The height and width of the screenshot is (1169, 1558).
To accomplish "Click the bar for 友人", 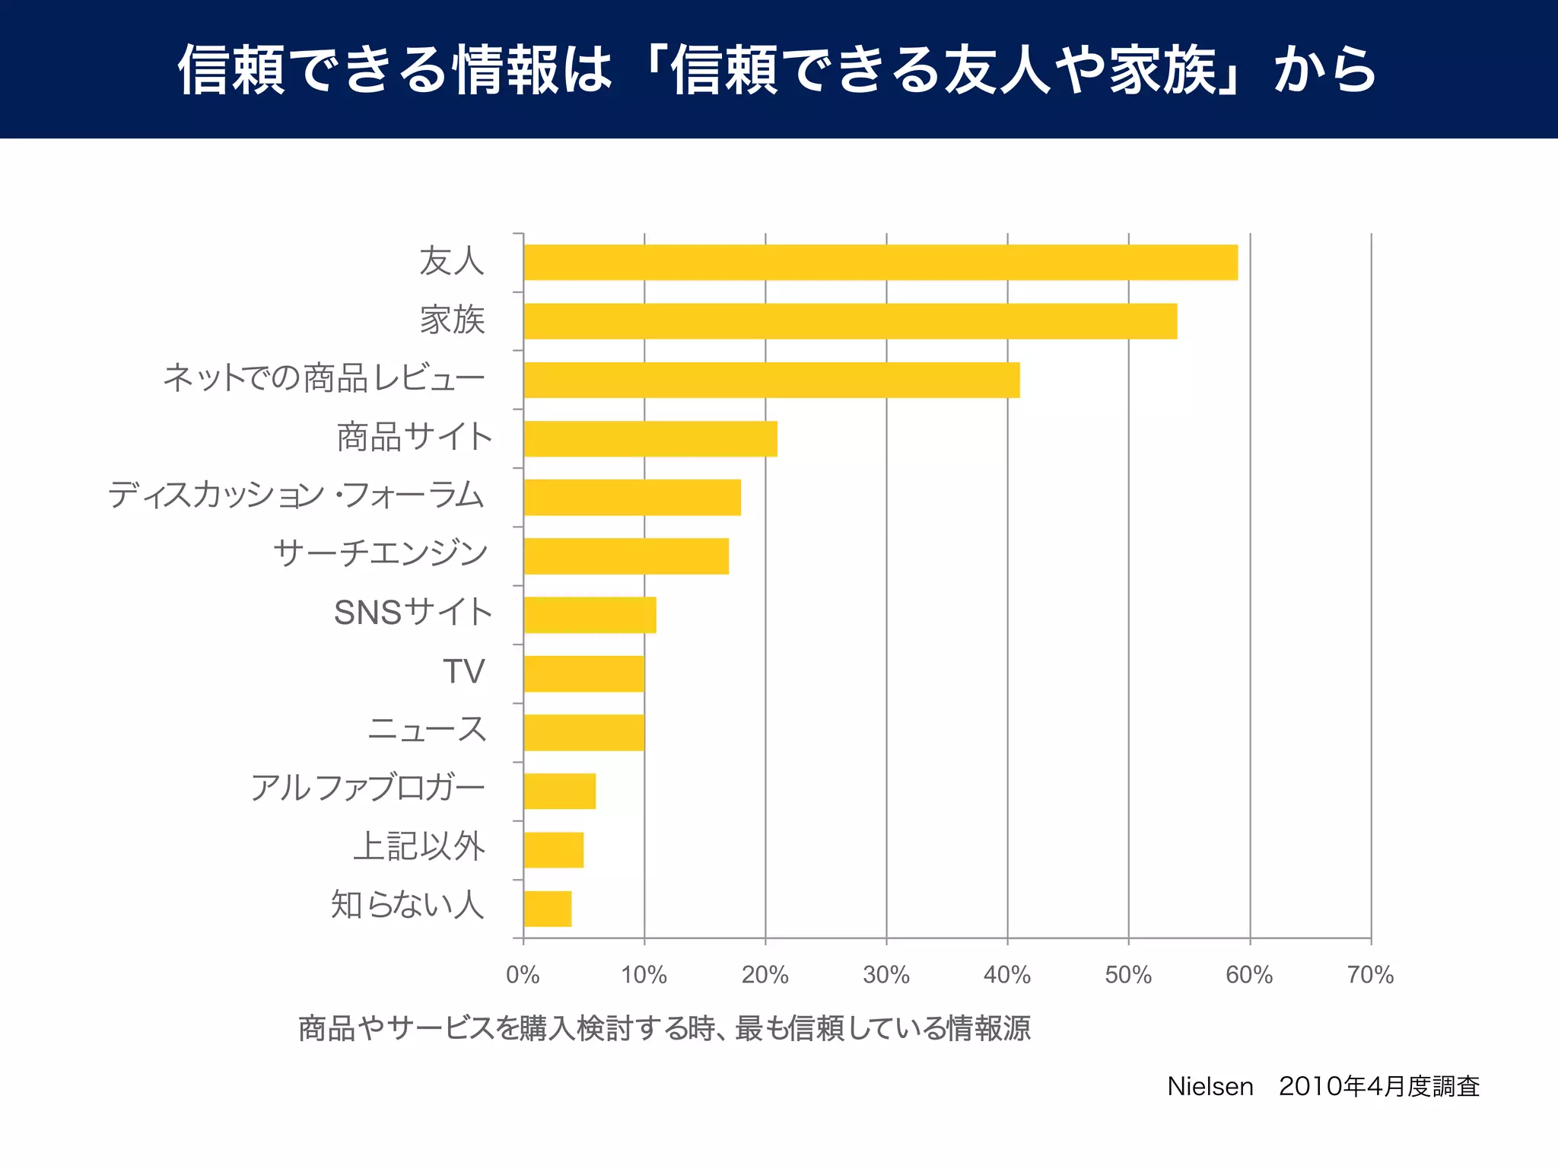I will pyautogui.click(x=880, y=263).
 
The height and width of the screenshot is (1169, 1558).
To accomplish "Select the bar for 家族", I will pyautogui.click(x=850, y=321).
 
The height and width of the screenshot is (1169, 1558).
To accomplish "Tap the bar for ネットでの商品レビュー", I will pyautogui.click(x=771, y=380).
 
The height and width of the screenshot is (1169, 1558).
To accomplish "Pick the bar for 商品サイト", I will pyautogui.click(x=650, y=438).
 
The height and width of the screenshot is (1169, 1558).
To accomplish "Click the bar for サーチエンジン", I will pyautogui.click(x=626, y=556).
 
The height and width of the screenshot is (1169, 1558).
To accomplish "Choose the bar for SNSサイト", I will pyautogui.click(x=590, y=615).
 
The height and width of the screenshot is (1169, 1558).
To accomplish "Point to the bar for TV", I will pyautogui.click(x=583, y=674).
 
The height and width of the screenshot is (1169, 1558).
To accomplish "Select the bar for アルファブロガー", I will pyautogui.click(x=559, y=791).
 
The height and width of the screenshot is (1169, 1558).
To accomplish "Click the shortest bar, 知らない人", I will pyautogui.click(x=547, y=909).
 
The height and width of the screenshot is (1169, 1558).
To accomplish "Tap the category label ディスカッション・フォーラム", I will pyautogui.click(x=295, y=495).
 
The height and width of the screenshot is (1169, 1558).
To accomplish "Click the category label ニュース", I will pyautogui.click(x=427, y=729).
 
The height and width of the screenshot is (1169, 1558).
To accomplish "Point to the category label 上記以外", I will pyautogui.click(x=419, y=846).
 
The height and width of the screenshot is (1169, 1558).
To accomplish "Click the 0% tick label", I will pyautogui.click(x=523, y=975).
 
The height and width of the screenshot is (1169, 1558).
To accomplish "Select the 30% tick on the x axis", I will pyautogui.click(x=886, y=975).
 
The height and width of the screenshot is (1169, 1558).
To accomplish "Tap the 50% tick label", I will pyautogui.click(x=1128, y=975).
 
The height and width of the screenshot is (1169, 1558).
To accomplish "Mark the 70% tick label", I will pyautogui.click(x=1370, y=975).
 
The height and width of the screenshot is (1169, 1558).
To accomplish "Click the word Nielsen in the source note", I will pyautogui.click(x=1210, y=1086).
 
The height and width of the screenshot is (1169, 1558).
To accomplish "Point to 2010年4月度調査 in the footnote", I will pyautogui.click(x=1378, y=1086).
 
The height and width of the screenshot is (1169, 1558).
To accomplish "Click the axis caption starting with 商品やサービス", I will pyautogui.click(x=664, y=1028).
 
